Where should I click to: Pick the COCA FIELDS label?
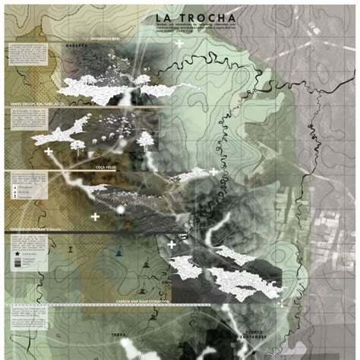click(106, 165)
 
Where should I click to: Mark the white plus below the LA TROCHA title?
click(179, 44)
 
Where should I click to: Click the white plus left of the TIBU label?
click(95, 216)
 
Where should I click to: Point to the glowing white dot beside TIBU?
click(118, 208)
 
